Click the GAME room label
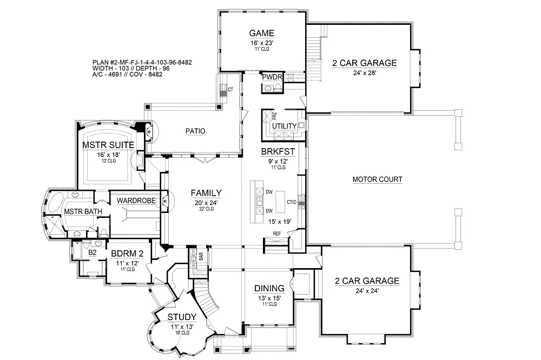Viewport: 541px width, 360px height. (262, 32)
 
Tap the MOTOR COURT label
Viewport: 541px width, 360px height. (377, 179)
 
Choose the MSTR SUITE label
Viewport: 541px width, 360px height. (108, 145)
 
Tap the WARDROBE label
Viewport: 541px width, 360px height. (136, 201)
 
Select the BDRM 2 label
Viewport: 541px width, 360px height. (127, 253)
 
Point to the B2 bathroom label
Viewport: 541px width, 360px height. (92, 252)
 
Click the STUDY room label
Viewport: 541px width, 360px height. (181, 317)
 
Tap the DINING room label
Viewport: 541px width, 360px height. (269, 288)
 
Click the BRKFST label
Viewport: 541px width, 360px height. (276, 152)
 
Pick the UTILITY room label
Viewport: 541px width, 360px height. (284, 126)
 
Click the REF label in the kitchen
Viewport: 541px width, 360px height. (277, 234)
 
